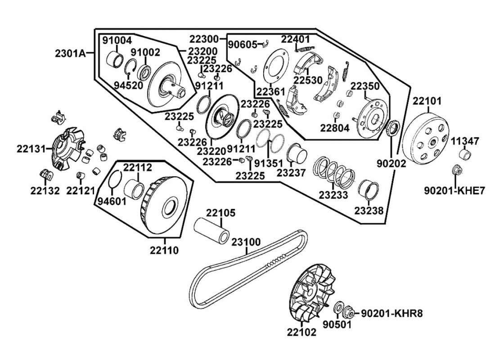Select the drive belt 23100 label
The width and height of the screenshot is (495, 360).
point(246,242)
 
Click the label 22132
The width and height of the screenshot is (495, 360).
point(45,190)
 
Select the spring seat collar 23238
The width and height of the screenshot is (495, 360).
point(370,189)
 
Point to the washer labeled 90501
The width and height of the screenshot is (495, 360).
point(337,310)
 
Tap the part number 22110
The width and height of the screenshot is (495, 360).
point(164,249)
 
